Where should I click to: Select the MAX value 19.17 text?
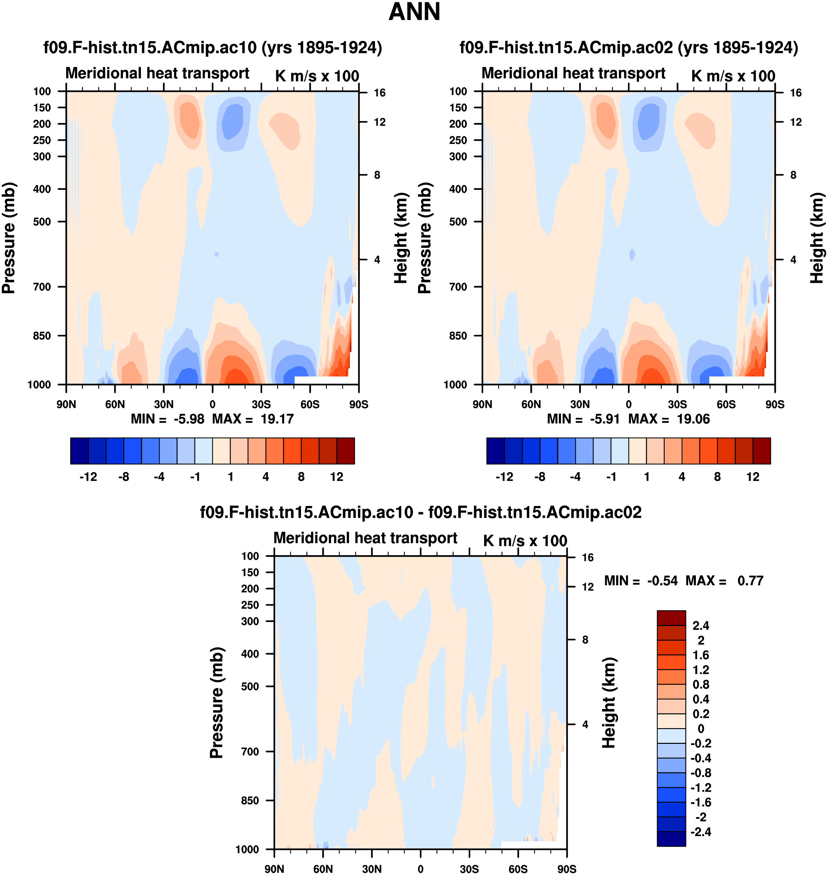(x=277, y=419)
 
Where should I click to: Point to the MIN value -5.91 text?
(x=605, y=419)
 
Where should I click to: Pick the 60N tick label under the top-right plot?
(x=531, y=404)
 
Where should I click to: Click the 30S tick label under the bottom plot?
(x=469, y=869)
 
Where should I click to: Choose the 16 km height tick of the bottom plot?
(x=588, y=558)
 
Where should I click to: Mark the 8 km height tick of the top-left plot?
(x=377, y=175)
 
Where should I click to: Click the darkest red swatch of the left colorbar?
(x=345, y=451)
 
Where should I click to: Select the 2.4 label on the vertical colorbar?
(x=701, y=626)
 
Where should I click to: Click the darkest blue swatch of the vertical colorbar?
(x=671, y=839)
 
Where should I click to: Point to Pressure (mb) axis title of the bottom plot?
(x=217, y=703)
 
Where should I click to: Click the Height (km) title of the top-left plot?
(x=400, y=238)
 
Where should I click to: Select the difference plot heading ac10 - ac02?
(x=421, y=513)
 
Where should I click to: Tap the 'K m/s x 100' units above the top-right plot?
(x=733, y=76)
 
